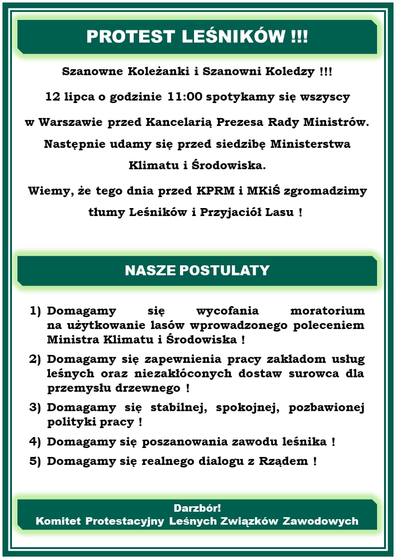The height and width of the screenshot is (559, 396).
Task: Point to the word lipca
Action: [80, 97]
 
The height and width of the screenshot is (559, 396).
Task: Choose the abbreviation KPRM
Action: [215, 191]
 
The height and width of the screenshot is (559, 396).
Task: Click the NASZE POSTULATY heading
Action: [197, 270]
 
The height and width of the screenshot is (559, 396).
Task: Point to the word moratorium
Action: [327, 311]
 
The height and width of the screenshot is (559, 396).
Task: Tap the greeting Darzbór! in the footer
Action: [197, 508]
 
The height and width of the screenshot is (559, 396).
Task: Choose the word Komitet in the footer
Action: [58, 521]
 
